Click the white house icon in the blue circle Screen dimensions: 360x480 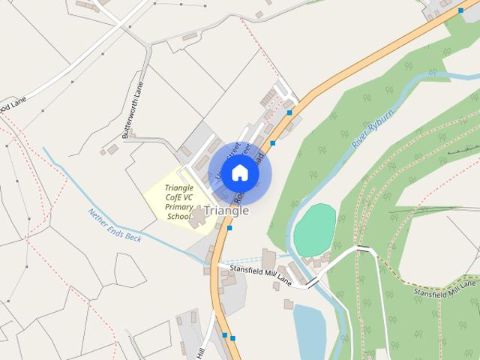coord(239,172)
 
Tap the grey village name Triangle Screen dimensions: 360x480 coord(226,211)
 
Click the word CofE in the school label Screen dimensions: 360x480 coord(178,196)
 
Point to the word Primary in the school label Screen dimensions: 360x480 coord(178,206)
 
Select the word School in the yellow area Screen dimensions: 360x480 coord(178,216)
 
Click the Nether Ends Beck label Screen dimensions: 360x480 coord(114,225)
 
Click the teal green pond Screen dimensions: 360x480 coord(314,230)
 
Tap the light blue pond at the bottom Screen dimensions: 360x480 coord(309,330)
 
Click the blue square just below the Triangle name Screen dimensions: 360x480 coord(229,228)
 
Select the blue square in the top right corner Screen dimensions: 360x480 coord(460,10)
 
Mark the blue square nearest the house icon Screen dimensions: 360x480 coord(273,142)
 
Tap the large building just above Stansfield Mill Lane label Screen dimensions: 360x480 coord(268,259)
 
